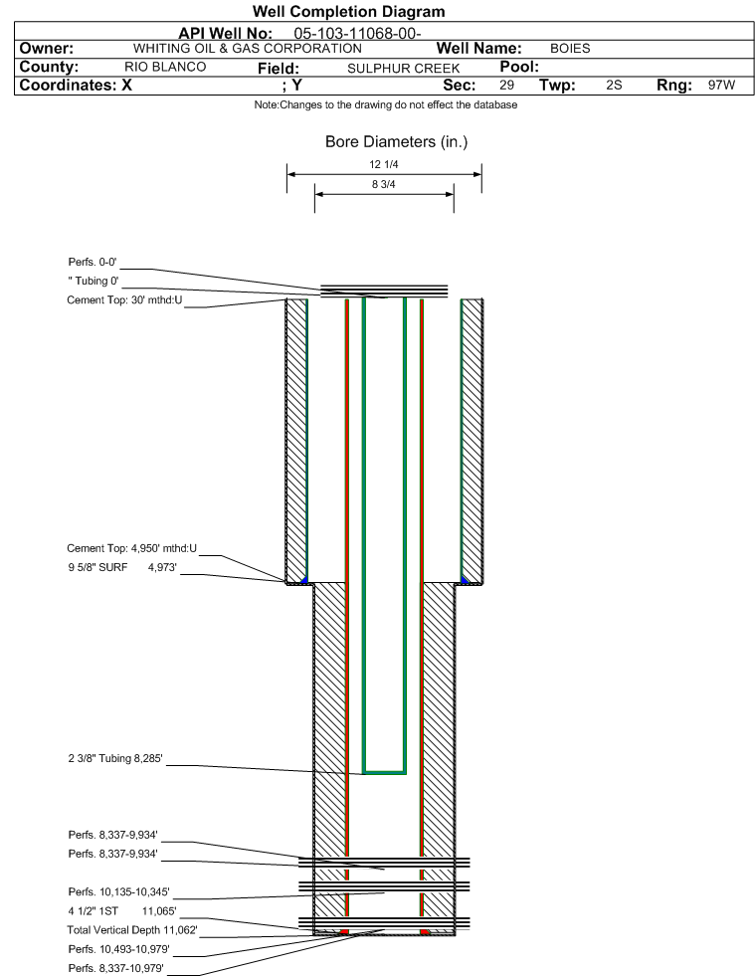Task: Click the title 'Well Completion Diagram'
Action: point(349,12)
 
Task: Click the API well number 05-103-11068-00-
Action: point(358,33)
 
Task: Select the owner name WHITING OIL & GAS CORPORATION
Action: point(247,48)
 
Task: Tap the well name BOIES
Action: point(570,48)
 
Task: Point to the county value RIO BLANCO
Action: point(165,67)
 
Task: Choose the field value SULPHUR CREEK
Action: point(403,68)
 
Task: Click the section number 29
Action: point(506,86)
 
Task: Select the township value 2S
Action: point(613,86)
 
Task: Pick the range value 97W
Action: point(721,86)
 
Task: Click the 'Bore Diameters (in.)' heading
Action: point(396,142)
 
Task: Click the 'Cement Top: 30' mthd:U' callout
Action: point(124,299)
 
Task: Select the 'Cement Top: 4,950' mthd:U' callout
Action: point(131,548)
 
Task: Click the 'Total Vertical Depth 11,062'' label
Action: point(132,929)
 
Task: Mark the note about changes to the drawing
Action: point(385,105)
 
